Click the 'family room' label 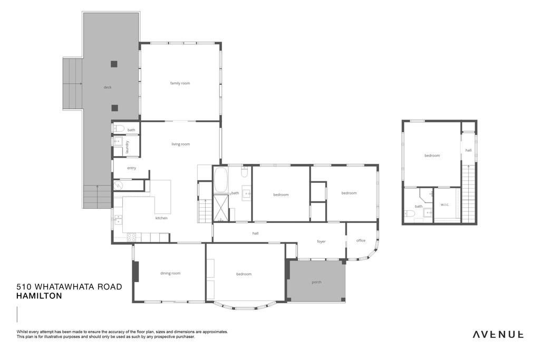(x=180, y=83)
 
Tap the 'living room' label (x=180, y=144)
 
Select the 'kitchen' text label (x=161, y=218)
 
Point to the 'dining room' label (x=170, y=273)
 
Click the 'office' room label (x=361, y=240)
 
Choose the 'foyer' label (x=321, y=241)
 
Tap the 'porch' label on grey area (x=316, y=282)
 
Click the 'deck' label (x=108, y=87)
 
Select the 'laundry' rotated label (x=127, y=147)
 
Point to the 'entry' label (x=131, y=168)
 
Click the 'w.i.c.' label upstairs (x=445, y=205)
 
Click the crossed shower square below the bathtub (x=221, y=208)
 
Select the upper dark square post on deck (x=114, y=64)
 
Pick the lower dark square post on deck (x=114, y=108)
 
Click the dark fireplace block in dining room (x=136, y=271)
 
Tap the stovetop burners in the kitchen (x=131, y=237)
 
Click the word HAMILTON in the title (x=39, y=296)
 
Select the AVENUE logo (x=498, y=334)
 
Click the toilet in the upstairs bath (x=409, y=213)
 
